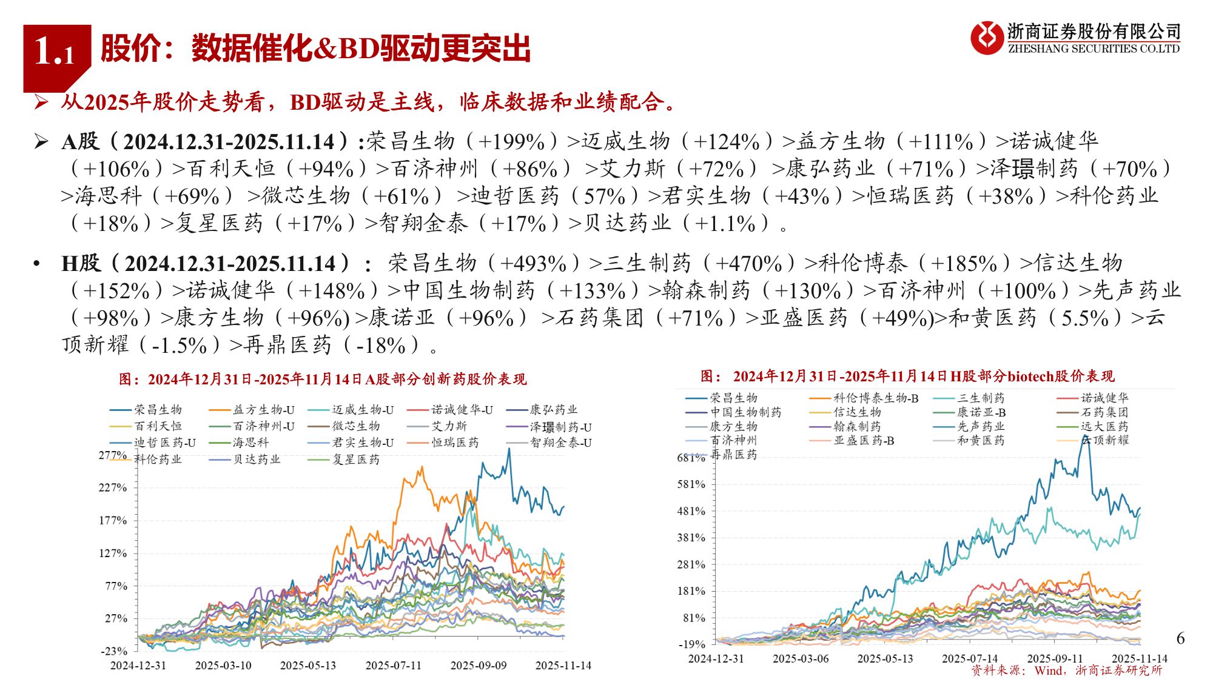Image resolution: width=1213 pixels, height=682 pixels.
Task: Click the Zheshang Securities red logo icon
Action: click(987, 38)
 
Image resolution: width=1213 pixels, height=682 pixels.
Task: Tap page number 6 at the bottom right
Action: click(1180, 638)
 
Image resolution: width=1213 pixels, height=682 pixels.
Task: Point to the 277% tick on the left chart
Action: click(113, 455)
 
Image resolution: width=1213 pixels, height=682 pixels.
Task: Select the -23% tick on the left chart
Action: click(114, 651)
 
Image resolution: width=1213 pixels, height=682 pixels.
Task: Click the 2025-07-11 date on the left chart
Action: click(393, 666)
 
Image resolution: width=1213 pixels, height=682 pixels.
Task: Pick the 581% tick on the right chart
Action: click(691, 484)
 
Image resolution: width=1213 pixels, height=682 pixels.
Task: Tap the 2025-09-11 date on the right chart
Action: click(1054, 658)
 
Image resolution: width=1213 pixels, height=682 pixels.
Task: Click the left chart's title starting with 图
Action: click(323, 379)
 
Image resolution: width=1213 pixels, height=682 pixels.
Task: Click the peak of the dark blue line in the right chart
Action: click(1085, 435)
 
